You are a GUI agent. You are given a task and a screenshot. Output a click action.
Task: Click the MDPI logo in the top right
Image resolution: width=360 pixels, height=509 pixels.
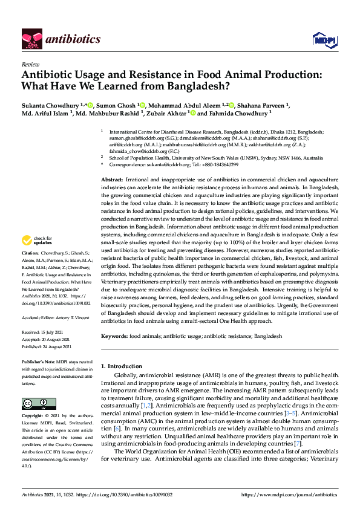(323, 40)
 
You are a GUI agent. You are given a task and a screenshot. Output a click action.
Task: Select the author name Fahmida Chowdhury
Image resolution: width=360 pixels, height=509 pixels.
(241, 112)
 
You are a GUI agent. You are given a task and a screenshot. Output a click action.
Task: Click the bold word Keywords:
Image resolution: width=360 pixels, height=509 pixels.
(113, 336)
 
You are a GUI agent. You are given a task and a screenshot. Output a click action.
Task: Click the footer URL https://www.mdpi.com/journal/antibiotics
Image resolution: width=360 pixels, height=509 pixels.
(289, 494)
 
